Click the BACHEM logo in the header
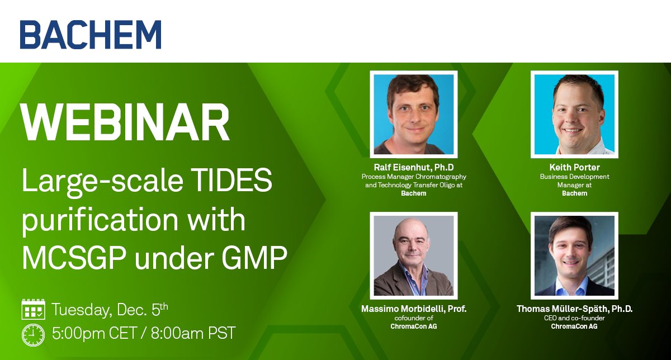click(x=91, y=35)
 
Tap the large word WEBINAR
click(x=125, y=122)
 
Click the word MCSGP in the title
click(x=74, y=257)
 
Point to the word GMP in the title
click(x=254, y=257)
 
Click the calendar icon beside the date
click(x=33, y=309)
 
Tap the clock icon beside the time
click(x=33, y=335)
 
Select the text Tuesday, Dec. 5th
click(x=110, y=310)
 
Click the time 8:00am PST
click(x=193, y=333)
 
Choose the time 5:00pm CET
click(x=94, y=333)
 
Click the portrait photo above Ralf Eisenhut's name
click(x=414, y=114)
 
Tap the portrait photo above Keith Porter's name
click(x=574, y=114)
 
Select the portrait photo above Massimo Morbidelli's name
click(x=414, y=255)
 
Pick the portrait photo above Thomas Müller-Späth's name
click(x=574, y=255)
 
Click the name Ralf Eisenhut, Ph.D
click(x=414, y=167)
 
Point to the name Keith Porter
click(x=575, y=167)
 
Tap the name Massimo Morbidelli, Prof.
click(x=414, y=309)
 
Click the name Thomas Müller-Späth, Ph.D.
click(x=575, y=309)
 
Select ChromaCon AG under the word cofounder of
click(x=414, y=326)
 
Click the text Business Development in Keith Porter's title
click(x=575, y=177)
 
